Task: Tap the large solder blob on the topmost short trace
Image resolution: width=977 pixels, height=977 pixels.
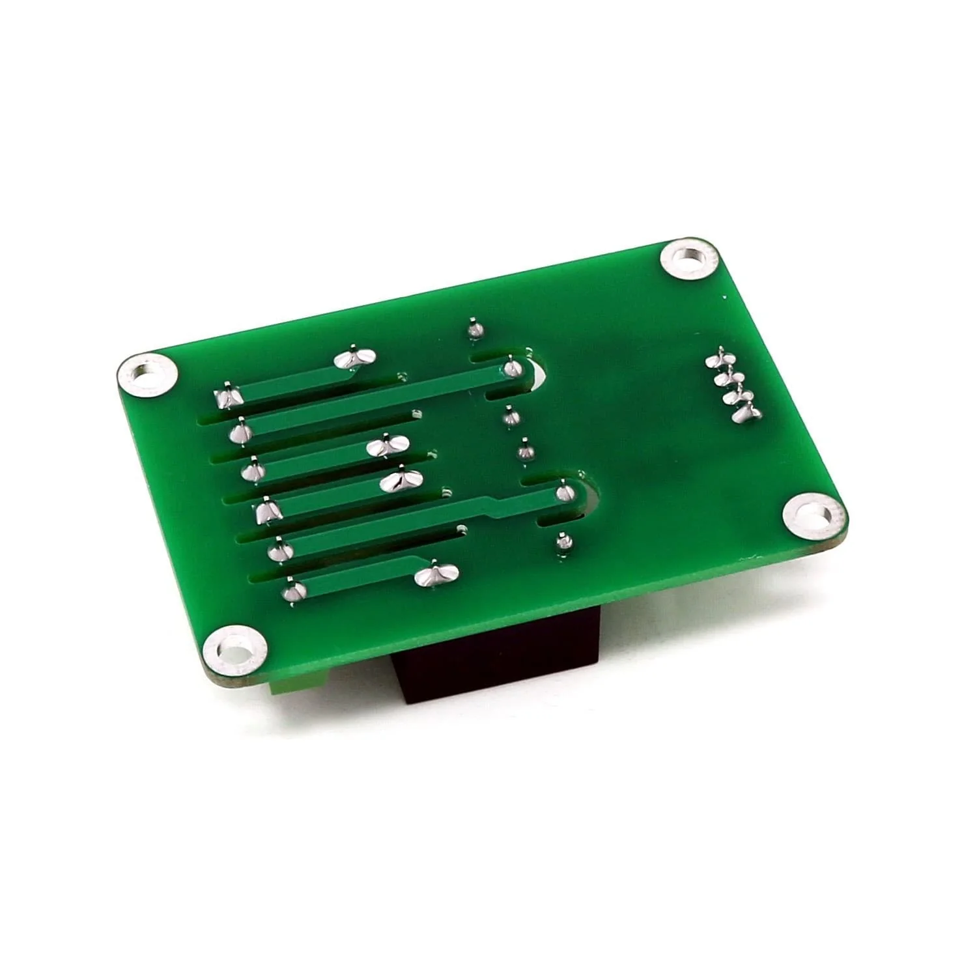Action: point(354,358)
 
